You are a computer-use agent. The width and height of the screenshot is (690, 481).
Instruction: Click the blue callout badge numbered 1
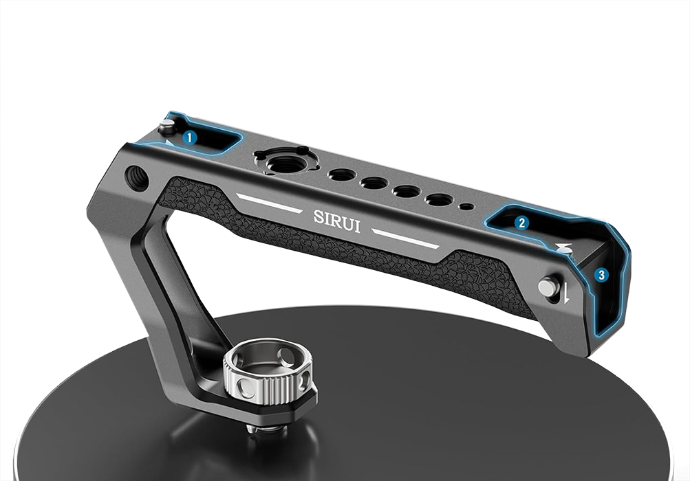tap(189, 137)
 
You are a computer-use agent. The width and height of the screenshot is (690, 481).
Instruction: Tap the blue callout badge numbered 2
tap(521, 223)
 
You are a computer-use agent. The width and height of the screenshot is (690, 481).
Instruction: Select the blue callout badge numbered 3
tap(601, 276)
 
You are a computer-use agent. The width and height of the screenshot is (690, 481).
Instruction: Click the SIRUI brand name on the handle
tap(337, 221)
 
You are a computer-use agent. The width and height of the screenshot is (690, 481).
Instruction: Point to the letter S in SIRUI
tap(319, 216)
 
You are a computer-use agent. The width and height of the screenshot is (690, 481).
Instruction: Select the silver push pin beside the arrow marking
tap(547, 287)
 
